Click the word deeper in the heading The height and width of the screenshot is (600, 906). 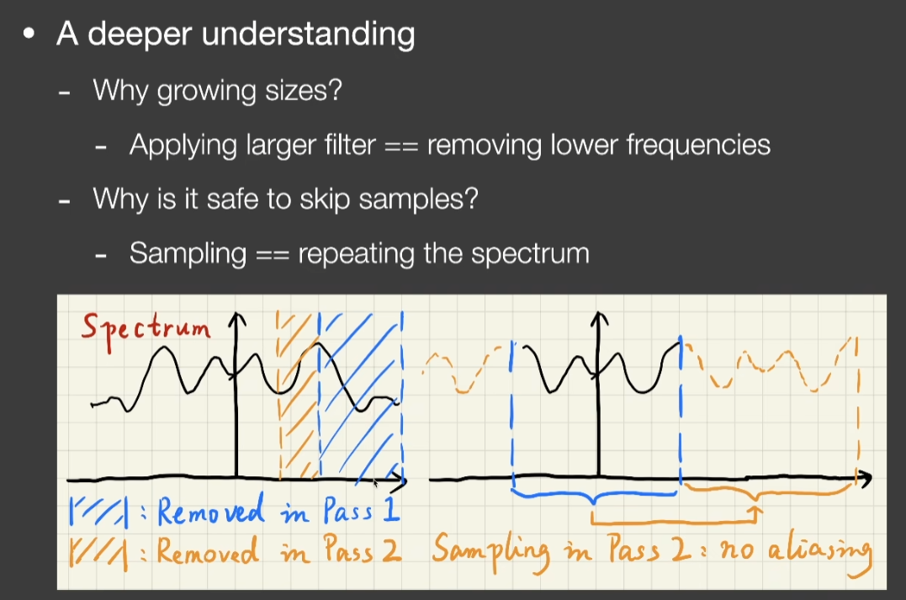(140, 35)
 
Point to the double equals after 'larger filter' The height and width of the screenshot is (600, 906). (401, 146)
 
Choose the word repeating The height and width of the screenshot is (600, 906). (356, 254)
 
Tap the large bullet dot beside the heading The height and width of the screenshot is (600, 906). (29, 35)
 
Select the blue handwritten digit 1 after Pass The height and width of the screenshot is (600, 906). (391, 508)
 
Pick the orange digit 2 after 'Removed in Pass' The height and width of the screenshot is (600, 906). (391, 550)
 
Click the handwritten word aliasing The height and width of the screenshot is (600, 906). (819, 554)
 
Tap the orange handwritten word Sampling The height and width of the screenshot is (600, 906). (490, 553)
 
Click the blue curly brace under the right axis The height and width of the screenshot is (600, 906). (595, 496)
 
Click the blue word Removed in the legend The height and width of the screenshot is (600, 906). (209, 511)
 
